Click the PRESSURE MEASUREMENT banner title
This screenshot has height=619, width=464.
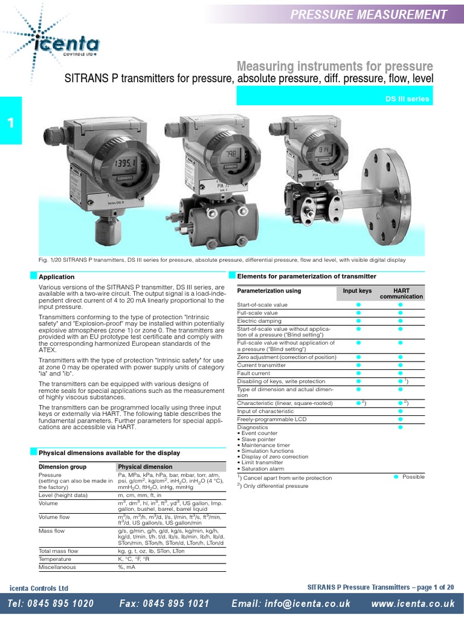369,15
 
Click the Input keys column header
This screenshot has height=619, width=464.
357,291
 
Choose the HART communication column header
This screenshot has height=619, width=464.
401,294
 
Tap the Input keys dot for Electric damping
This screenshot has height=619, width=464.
358,320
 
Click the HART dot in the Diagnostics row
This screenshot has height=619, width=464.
400,427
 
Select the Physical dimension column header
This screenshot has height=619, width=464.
144,467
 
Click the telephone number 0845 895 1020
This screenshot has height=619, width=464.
51,604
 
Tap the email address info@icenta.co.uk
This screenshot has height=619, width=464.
291,604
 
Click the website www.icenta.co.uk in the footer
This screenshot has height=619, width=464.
413,604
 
